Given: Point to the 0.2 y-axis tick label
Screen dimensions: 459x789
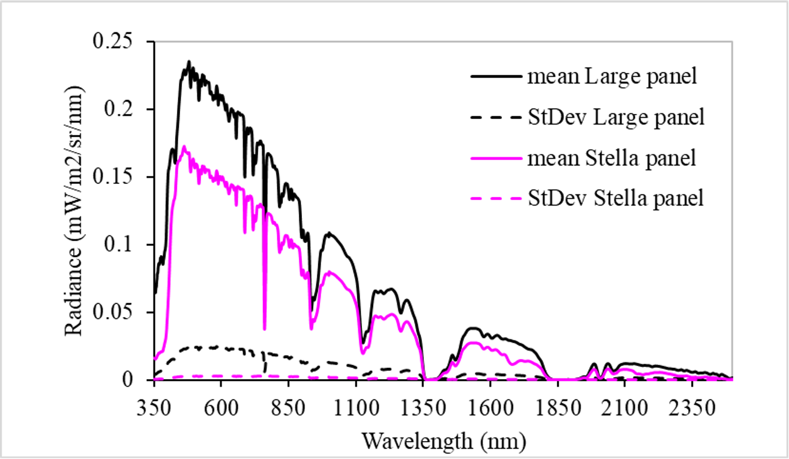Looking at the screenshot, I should [x=124, y=110].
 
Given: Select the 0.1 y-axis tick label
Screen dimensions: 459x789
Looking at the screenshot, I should [x=124, y=245].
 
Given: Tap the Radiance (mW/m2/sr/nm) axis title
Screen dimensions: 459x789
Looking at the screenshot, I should [x=76, y=211].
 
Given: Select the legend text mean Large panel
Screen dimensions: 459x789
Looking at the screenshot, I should [x=613, y=77].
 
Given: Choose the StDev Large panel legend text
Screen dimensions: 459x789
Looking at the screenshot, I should [x=616, y=117].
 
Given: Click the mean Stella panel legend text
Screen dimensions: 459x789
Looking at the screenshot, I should [x=612, y=158].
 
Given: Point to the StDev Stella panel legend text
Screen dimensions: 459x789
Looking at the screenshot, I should [x=616, y=198].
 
